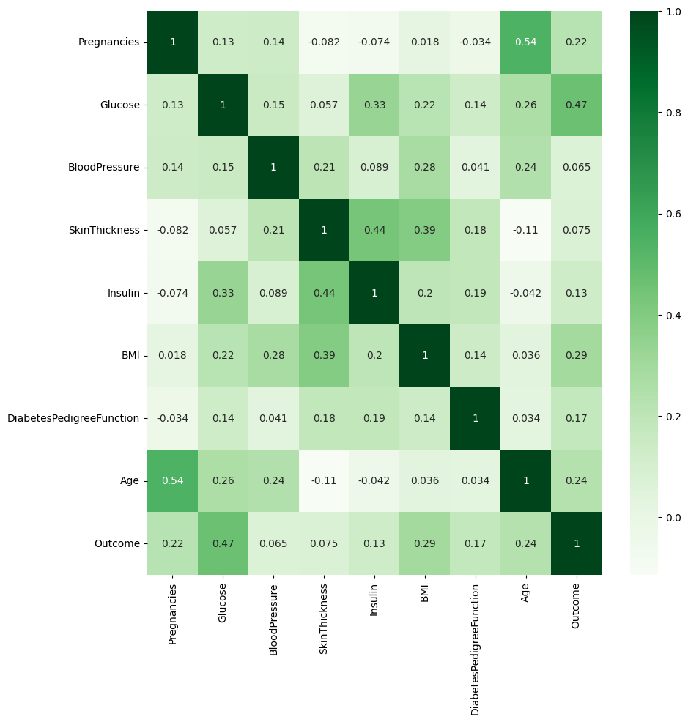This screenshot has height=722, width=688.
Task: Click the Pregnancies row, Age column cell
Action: [x=525, y=42]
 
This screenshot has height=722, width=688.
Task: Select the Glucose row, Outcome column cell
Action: [x=576, y=105]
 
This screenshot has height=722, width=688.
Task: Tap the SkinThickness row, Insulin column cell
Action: [x=374, y=230]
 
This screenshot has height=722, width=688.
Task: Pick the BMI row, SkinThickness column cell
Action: [x=324, y=355]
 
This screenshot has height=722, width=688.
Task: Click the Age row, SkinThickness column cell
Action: [x=324, y=480]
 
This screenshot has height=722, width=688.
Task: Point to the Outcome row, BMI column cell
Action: [x=425, y=543]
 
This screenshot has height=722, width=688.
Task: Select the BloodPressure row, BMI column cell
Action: [x=425, y=168]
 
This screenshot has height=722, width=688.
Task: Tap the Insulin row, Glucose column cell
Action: [x=223, y=293]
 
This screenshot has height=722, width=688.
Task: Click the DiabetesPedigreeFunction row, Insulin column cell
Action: [x=374, y=418]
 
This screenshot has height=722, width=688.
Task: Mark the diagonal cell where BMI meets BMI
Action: [x=425, y=355]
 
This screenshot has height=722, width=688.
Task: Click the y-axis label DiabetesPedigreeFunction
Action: [x=73, y=418]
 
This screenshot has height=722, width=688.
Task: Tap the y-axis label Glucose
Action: [x=119, y=105]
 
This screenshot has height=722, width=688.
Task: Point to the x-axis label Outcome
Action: [x=576, y=606]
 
